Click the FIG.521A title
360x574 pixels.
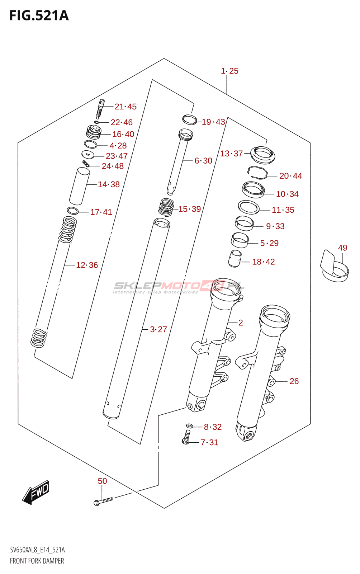39,16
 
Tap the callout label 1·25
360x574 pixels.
229,71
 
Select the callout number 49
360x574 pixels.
342,248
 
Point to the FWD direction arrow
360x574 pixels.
36,492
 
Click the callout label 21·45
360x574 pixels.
125,107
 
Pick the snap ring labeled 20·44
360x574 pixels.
257,173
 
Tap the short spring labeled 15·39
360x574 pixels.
166,207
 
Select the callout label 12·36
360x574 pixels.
87,265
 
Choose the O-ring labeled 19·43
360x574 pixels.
189,119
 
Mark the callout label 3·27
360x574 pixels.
158,329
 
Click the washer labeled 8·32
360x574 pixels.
189,426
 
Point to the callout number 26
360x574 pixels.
294,381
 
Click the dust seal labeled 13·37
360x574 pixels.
262,154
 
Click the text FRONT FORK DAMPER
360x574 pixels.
37,561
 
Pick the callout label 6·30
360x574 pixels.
203,161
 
